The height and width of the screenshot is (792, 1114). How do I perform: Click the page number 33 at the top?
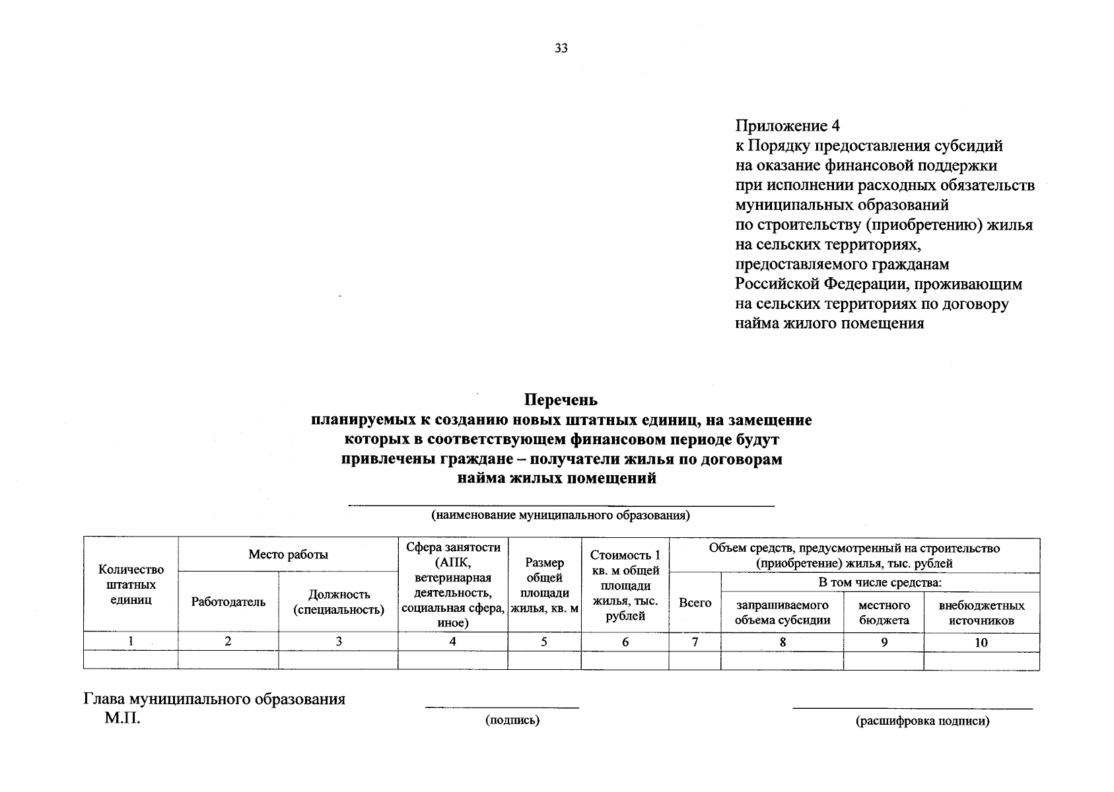coord(561,48)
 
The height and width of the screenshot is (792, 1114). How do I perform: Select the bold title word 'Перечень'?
coord(561,400)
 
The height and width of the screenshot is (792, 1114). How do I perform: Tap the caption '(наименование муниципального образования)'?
coord(561,515)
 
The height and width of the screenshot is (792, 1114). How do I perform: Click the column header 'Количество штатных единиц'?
coord(131,584)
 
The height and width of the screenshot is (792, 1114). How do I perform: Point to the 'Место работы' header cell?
coord(288,554)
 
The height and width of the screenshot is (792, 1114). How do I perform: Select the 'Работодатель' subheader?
coord(228,602)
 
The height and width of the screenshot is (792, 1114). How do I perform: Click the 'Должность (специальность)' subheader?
coord(339,602)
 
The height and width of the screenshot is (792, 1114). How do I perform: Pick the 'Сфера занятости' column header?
coord(453,585)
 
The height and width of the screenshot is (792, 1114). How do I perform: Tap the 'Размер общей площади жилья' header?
coord(545,585)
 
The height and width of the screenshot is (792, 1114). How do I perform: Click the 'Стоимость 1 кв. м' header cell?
coord(625,585)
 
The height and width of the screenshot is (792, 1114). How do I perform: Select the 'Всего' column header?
coord(695,603)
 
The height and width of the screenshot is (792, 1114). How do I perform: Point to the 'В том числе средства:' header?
coord(880,582)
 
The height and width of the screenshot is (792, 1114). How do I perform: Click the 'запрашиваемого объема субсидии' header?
coord(783,612)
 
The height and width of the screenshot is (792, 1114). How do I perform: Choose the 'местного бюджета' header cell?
coord(884,612)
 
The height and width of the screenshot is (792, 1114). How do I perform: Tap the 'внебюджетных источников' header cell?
coord(981,612)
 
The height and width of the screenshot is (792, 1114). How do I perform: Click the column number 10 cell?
coord(981,642)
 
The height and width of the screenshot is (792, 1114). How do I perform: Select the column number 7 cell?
coord(695,642)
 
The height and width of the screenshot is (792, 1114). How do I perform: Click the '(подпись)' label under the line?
coord(512,721)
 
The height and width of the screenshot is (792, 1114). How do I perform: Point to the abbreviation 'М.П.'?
coord(123,719)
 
